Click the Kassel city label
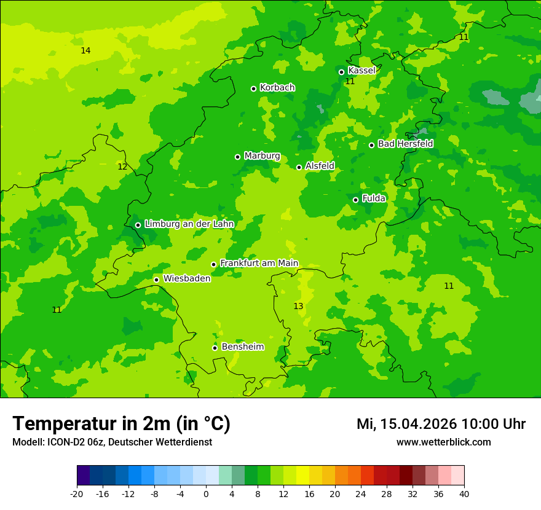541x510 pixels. coord(361,71)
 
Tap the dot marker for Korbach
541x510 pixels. coord(253,88)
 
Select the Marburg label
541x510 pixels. coord(262,156)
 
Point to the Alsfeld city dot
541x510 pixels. coord(299,167)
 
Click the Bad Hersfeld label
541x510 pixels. coord(405,144)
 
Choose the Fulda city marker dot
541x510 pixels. coord(355,200)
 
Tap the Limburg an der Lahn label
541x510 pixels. coord(189,224)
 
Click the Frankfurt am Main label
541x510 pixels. coord(259,264)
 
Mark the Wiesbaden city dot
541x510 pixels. coord(156,280)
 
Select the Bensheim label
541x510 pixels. coord(242,347)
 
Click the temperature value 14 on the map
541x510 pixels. coord(85,50)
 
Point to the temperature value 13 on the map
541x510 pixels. coord(298,306)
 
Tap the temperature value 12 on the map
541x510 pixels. coord(122,167)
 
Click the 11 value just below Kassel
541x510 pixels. coord(350,81)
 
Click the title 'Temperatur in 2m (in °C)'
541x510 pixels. coord(121,424)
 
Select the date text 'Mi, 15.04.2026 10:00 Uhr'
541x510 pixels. coord(441,424)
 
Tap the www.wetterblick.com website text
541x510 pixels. coord(443,442)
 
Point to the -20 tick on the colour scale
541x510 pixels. coord(77,494)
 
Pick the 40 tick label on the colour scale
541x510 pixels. coord(464,494)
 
